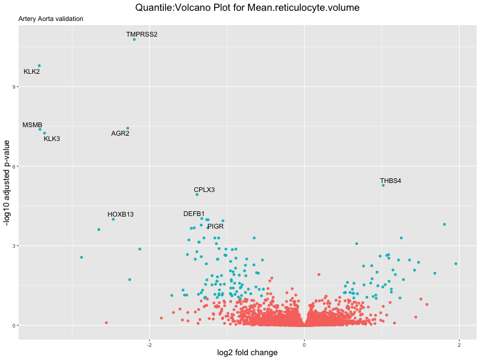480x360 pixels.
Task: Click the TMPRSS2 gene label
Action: pyautogui.click(x=142, y=34)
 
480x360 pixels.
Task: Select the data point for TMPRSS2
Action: pyautogui.click(x=134, y=40)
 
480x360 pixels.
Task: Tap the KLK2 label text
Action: pyautogui.click(x=32, y=72)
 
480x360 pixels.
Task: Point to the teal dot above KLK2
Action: pyautogui.click(x=39, y=66)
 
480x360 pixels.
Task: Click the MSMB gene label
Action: pyautogui.click(x=32, y=125)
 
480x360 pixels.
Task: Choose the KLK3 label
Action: pyautogui.click(x=52, y=139)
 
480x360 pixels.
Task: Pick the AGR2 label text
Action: pyautogui.click(x=120, y=133)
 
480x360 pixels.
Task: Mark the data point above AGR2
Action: pyautogui.click(x=128, y=128)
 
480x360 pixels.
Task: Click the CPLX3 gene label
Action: pyautogui.click(x=204, y=190)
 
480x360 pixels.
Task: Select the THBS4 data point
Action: pyautogui.click(x=383, y=185)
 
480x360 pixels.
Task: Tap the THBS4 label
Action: pyautogui.click(x=391, y=181)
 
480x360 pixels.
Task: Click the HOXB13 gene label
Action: pyautogui.click(x=121, y=214)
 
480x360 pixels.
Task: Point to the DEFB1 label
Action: pyautogui.click(x=194, y=214)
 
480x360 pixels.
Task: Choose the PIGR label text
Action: pyautogui.click(x=215, y=226)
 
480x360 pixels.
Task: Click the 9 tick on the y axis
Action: pyautogui.click(x=14, y=87)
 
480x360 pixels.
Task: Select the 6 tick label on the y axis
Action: pyautogui.click(x=14, y=166)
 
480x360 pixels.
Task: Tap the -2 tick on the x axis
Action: pyautogui.click(x=149, y=345)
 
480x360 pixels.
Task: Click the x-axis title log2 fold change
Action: pyautogui.click(x=247, y=353)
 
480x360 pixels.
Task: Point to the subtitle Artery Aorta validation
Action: pyautogui.click(x=51, y=19)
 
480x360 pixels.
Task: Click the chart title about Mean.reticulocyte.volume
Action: pyautogui.click(x=247, y=8)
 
